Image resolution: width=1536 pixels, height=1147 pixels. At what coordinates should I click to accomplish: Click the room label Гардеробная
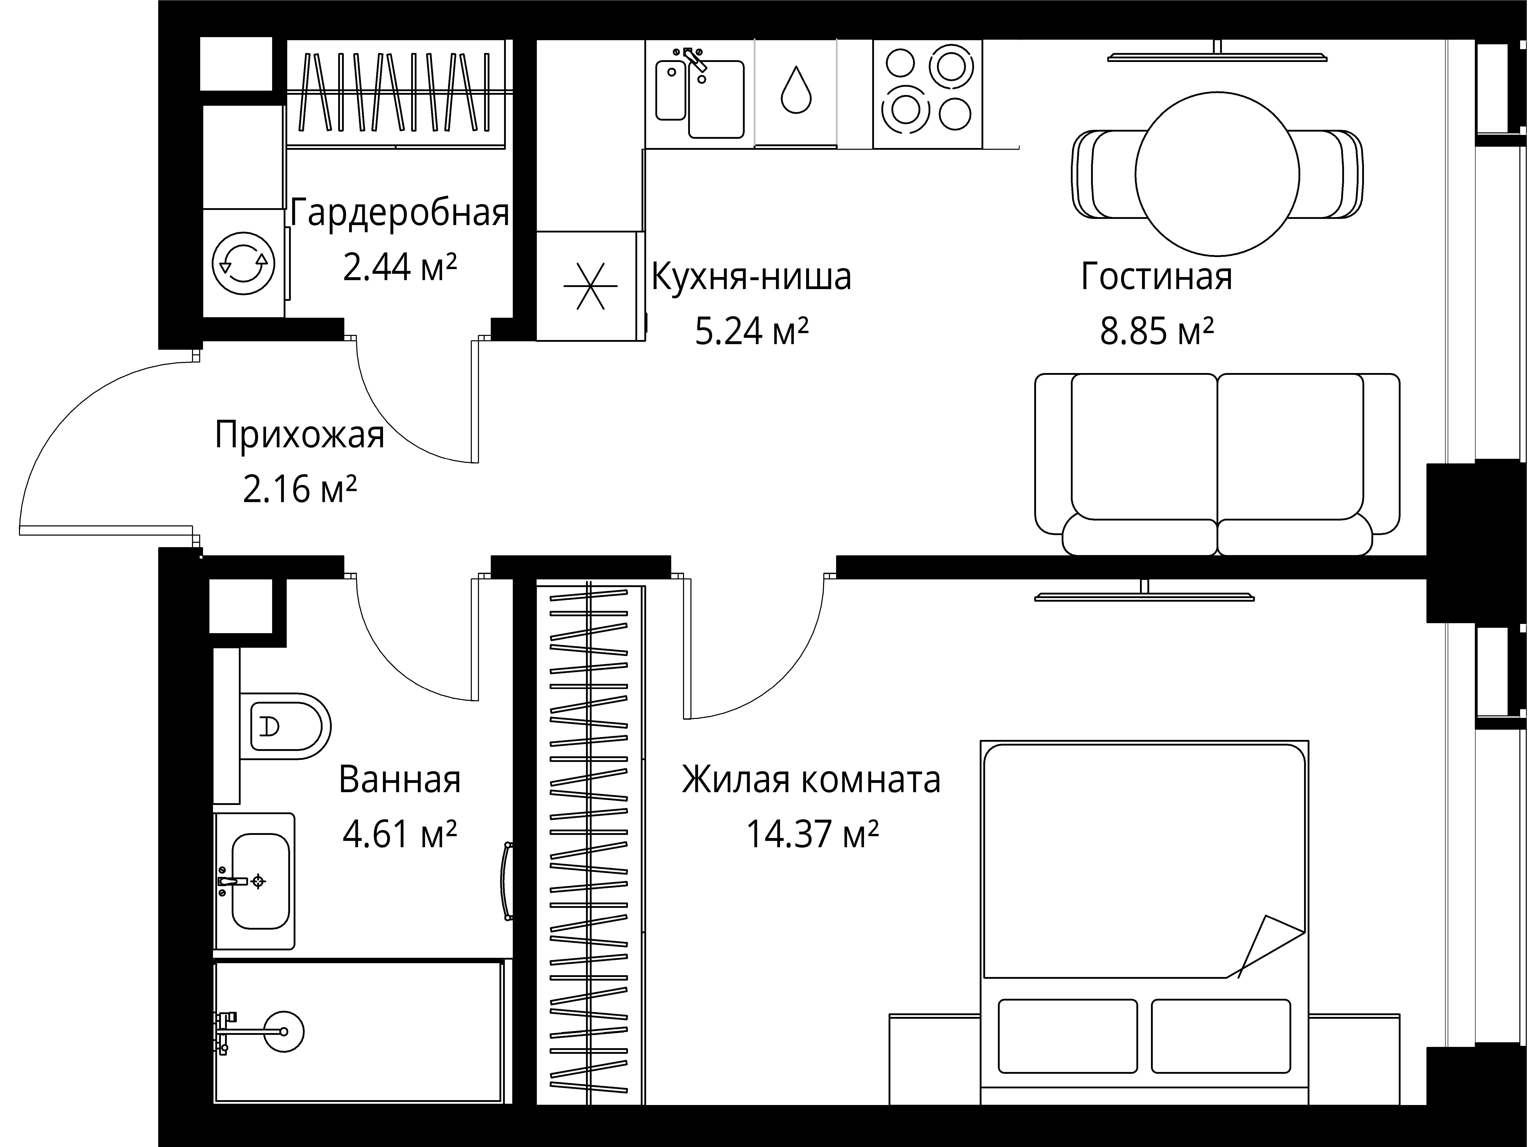[x=399, y=213]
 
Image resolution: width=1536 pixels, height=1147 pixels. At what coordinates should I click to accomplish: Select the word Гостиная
[x=1156, y=276]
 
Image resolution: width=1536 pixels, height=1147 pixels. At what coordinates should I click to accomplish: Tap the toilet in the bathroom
[x=285, y=726]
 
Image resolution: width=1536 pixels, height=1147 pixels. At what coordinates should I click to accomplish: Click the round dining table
[x=1217, y=174]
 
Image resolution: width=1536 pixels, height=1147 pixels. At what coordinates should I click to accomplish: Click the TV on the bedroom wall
[x=1144, y=596]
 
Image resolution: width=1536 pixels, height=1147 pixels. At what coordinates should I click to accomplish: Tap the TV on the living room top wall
[x=1217, y=56]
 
